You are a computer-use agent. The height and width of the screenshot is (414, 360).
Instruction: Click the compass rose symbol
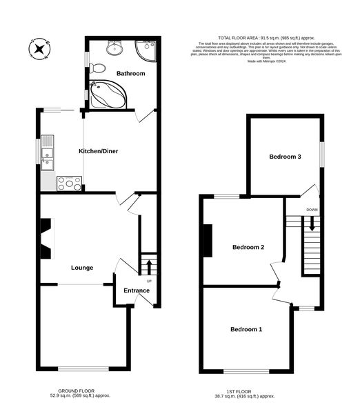[x=39, y=48]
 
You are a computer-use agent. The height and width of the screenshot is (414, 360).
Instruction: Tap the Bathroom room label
[x=130, y=72]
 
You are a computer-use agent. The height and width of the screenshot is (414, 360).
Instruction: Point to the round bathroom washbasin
[x=115, y=47]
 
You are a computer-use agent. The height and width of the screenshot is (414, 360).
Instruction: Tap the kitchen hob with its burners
[x=69, y=183]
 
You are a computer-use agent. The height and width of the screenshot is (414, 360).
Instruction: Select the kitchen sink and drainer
[x=48, y=152]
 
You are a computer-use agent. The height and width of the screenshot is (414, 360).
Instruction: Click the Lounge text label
[x=82, y=268]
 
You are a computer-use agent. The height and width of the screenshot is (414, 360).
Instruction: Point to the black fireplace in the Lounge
[x=46, y=239]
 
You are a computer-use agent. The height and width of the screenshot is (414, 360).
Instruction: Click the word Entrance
[x=137, y=290]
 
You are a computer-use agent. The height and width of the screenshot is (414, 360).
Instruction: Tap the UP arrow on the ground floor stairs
[x=147, y=265]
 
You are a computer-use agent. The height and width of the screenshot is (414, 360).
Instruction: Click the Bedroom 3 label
[x=285, y=157]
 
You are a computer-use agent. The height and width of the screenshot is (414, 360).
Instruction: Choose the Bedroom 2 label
[x=248, y=247]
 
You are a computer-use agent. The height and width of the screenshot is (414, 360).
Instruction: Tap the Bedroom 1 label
[x=246, y=329]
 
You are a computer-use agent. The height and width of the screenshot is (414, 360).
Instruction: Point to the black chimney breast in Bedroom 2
[x=207, y=239]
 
